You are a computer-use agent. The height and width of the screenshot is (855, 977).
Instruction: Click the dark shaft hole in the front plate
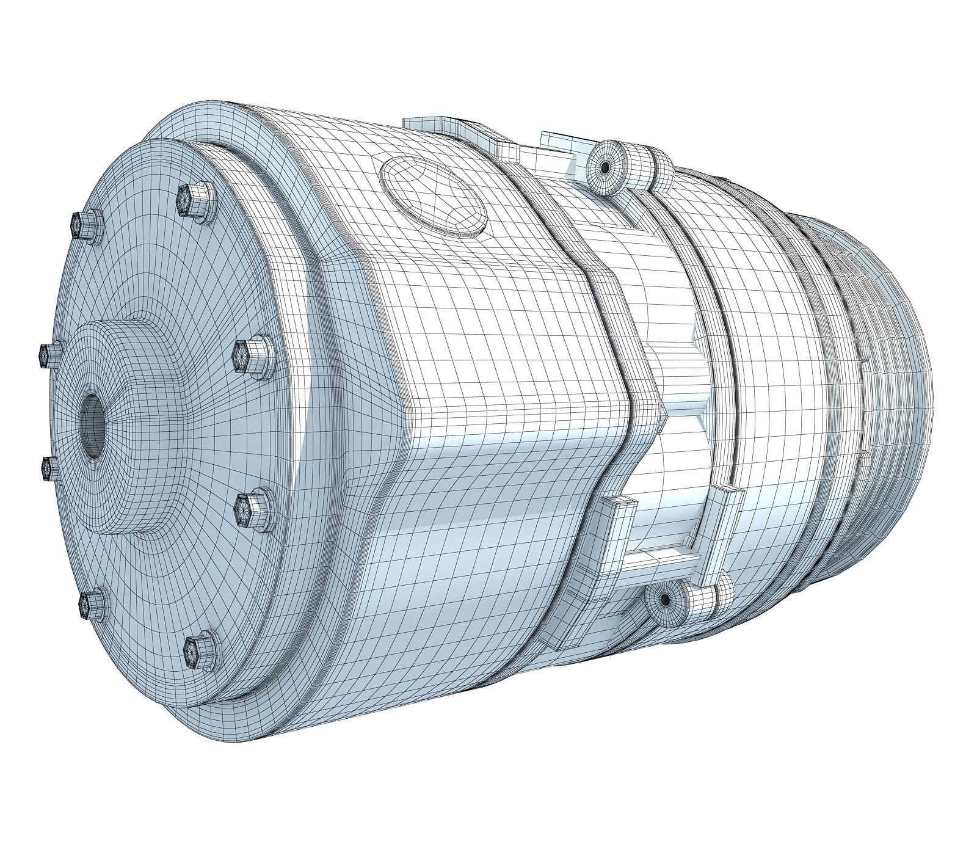[x=93, y=426]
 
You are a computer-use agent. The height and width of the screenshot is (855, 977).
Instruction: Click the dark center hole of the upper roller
[x=604, y=167]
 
